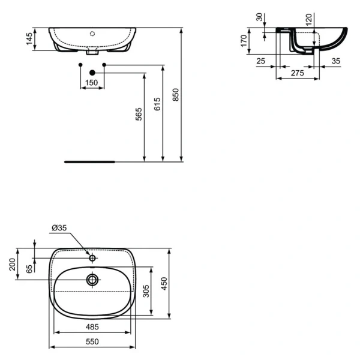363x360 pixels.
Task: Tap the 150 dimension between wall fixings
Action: click(x=91, y=82)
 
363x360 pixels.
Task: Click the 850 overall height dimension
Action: click(x=175, y=95)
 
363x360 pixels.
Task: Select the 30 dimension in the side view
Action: click(x=259, y=17)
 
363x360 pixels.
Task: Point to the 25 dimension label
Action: click(x=260, y=61)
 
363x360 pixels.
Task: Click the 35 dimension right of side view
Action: click(x=335, y=61)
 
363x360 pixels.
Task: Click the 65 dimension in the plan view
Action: click(x=28, y=269)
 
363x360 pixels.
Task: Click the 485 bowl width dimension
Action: click(x=91, y=326)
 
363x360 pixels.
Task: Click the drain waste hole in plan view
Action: click(x=92, y=279)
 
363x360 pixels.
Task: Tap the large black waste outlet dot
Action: click(x=92, y=73)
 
